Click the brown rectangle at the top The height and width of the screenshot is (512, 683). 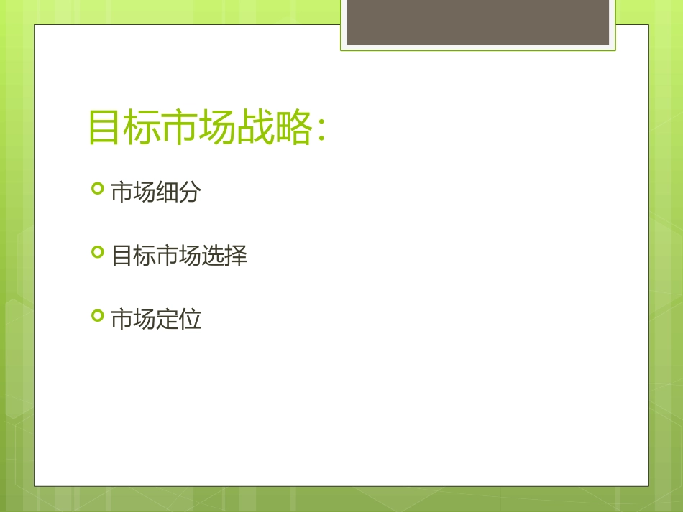pyautogui.click(x=478, y=22)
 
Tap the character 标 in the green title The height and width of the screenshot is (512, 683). pyautogui.click(x=142, y=129)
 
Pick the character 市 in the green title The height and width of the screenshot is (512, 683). pyautogui.click(x=180, y=129)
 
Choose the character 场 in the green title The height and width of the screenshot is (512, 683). pyautogui.click(x=219, y=129)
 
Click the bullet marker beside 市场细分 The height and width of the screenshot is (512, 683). pyautogui.click(x=98, y=190)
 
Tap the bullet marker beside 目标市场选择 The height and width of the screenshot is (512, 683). pyautogui.click(x=98, y=253)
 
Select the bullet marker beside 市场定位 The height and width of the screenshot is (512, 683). pyautogui.click(x=98, y=316)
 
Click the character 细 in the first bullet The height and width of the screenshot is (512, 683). pyautogui.click(x=168, y=192)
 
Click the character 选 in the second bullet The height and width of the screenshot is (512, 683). pyautogui.click(x=213, y=255)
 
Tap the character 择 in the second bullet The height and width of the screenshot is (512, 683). pyautogui.click(x=236, y=255)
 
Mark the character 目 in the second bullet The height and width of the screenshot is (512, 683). pyautogui.click(x=122, y=255)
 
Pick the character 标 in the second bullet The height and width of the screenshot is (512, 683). pyautogui.click(x=145, y=255)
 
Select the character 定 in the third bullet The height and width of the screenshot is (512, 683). pyautogui.click(x=168, y=318)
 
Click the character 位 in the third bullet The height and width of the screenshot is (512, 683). pyautogui.click(x=190, y=318)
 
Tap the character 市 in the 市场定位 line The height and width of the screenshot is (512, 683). pyautogui.click(x=122, y=318)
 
